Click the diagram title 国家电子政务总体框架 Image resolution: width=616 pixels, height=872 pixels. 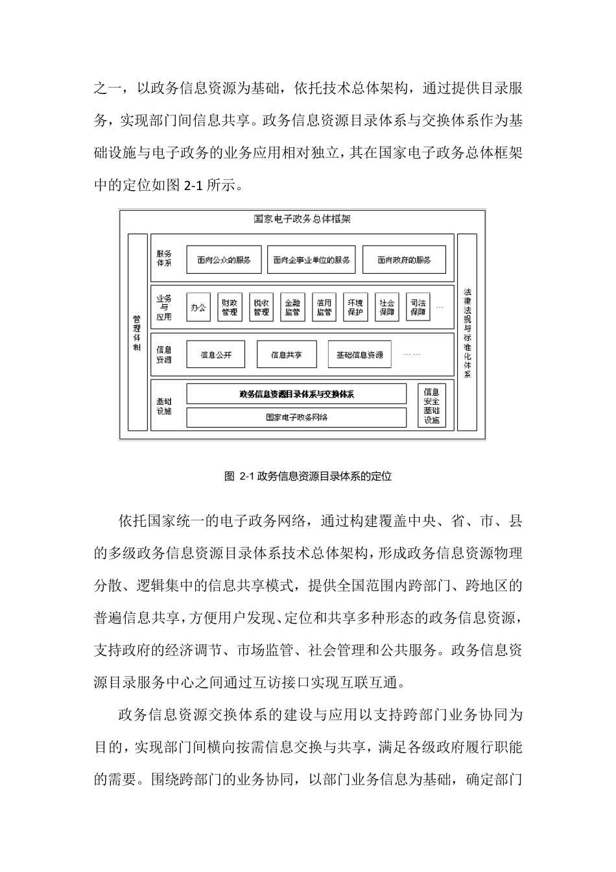tap(302, 219)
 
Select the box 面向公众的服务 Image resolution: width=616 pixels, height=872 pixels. tap(224, 260)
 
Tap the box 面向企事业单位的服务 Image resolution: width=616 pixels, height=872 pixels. tap(311, 260)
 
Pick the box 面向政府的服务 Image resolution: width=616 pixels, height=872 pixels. tap(404, 260)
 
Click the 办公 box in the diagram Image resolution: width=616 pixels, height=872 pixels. tap(198, 307)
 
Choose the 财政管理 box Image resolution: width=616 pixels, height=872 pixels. tap(230, 307)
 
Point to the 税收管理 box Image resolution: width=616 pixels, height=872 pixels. tap(261, 307)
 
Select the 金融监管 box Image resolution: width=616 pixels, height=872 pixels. tap(292, 307)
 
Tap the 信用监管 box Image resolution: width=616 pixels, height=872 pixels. tap(324, 307)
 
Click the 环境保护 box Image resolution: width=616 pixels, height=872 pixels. tap(355, 307)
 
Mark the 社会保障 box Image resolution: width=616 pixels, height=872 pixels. tap(387, 307)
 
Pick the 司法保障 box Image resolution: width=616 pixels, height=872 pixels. tap(418, 307)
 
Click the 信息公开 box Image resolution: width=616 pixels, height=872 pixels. tap(216, 355)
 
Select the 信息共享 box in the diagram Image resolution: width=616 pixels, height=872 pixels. tap(287, 355)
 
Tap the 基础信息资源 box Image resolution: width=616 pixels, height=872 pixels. tap(360, 355)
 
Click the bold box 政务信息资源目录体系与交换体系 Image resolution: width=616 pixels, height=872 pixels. tap(296, 394)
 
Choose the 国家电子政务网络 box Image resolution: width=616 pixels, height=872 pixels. tap(296, 417)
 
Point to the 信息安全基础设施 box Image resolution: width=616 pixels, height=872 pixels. tap(432, 406)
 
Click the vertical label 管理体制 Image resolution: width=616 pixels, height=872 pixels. tap(137, 333)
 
